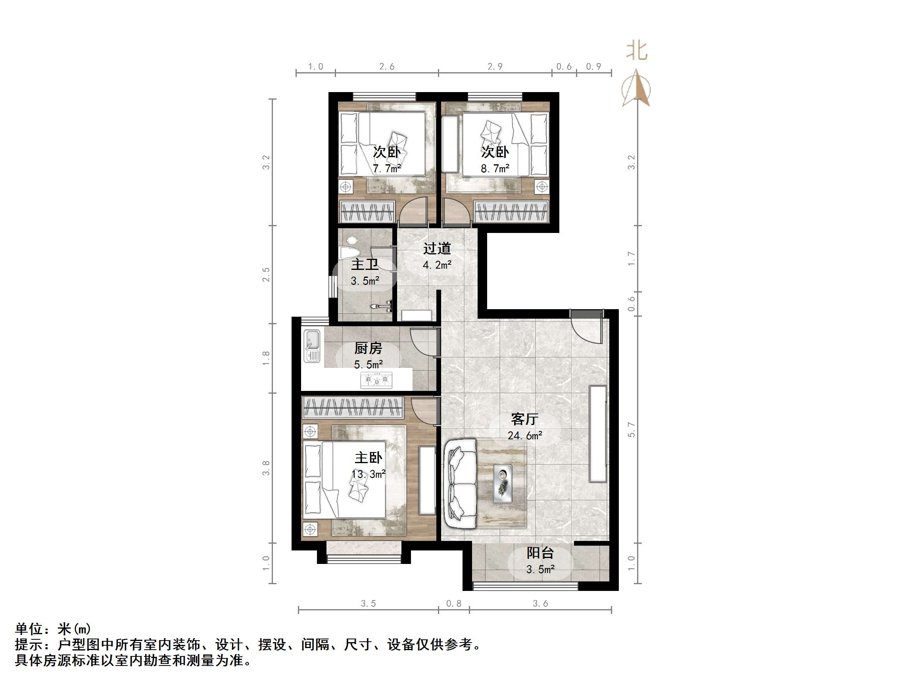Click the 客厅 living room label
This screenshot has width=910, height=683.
pos(524,419)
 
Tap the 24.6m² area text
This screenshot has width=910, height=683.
pos(524,435)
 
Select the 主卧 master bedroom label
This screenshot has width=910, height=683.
pos(368,458)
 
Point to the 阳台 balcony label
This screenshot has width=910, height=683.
pos(540,553)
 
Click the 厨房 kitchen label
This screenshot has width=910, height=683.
pos(368,348)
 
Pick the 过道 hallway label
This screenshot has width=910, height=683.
pos(437,248)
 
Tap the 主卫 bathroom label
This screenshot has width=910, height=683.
pos(365,264)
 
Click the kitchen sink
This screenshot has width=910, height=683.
pos(312,346)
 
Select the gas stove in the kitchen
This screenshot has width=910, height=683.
pos(376,379)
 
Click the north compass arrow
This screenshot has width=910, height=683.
pos(636,88)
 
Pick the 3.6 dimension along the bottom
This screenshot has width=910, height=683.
pos(540,604)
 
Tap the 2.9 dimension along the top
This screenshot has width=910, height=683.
pos(495,67)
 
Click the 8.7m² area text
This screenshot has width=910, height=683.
pos(495,168)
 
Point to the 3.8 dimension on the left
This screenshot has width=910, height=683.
pos(266,468)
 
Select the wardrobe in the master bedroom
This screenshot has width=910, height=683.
pos(352,408)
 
